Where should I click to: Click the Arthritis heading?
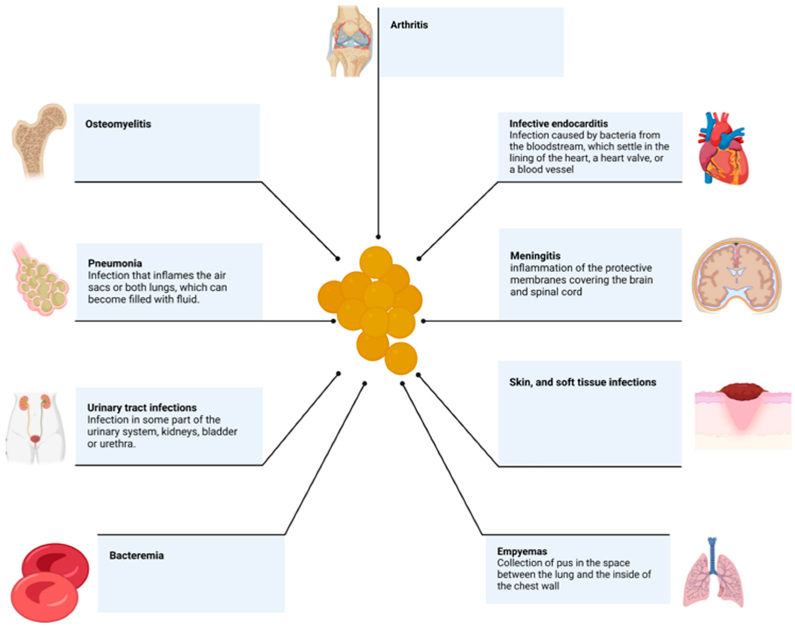click(x=409, y=25)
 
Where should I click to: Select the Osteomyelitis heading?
click(x=118, y=124)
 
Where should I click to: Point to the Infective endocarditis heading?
click(x=558, y=124)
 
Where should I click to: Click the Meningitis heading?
click(x=535, y=256)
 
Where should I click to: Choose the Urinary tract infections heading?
click(x=142, y=407)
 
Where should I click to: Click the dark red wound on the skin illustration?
click(x=742, y=391)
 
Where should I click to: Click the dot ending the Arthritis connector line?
click(x=378, y=237)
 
